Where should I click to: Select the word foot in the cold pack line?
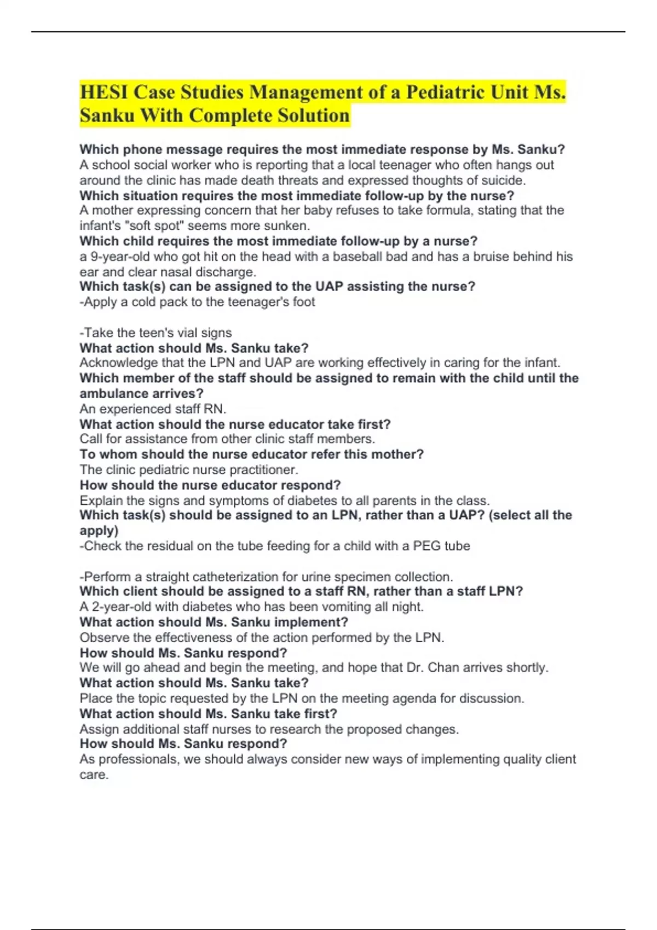point(304,302)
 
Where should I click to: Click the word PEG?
point(427,546)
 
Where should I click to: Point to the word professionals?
point(137,759)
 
